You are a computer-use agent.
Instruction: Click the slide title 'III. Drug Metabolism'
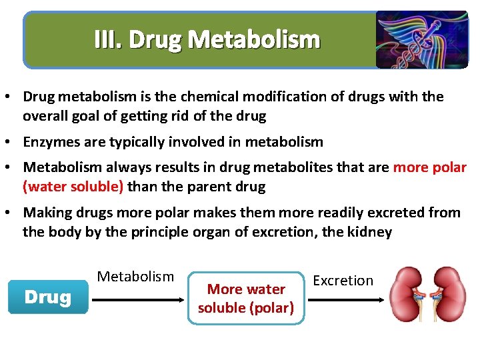[207, 40]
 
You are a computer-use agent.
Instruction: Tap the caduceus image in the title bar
[421, 39]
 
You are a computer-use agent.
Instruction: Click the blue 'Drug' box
[47, 297]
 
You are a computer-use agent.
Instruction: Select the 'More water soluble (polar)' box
[246, 298]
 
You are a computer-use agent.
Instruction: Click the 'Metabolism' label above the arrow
[135, 277]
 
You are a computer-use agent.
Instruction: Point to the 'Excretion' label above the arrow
[343, 281]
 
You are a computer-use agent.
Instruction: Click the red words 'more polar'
[429, 167]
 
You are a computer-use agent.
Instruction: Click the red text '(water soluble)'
[73, 187]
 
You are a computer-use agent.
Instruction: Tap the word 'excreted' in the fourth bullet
[376, 213]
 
